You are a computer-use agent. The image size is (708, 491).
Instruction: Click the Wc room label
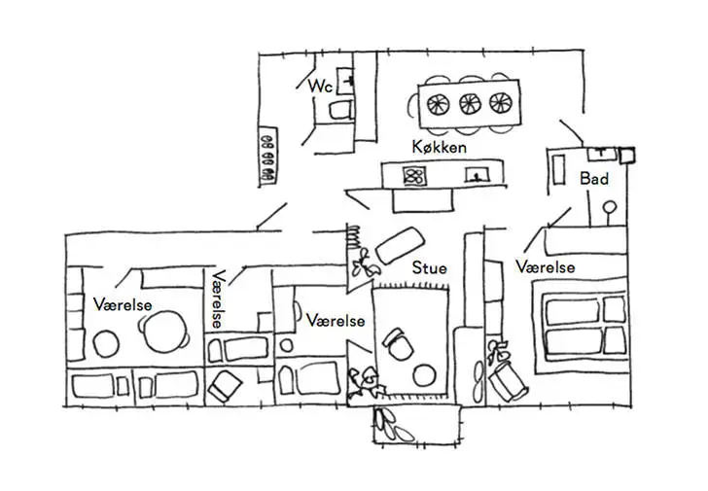click(x=320, y=87)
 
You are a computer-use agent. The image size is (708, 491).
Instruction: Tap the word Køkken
click(x=439, y=147)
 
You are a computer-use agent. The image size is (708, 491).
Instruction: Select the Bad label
click(x=593, y=179)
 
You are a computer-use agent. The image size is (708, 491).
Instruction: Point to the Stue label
click(x=429, y=265)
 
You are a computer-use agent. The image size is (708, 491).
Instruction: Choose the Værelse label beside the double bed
click(x=545, y=266)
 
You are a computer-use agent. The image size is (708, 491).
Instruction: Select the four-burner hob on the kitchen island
click(x=415, y=176)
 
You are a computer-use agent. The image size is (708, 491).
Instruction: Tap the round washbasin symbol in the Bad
click(x=610, y=206)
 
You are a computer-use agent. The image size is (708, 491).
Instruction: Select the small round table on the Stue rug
click(x=425, y=374)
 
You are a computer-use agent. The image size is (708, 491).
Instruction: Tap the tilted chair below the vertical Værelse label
click(x=224, y=385)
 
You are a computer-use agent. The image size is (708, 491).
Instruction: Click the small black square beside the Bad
click(x=627, y=154)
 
